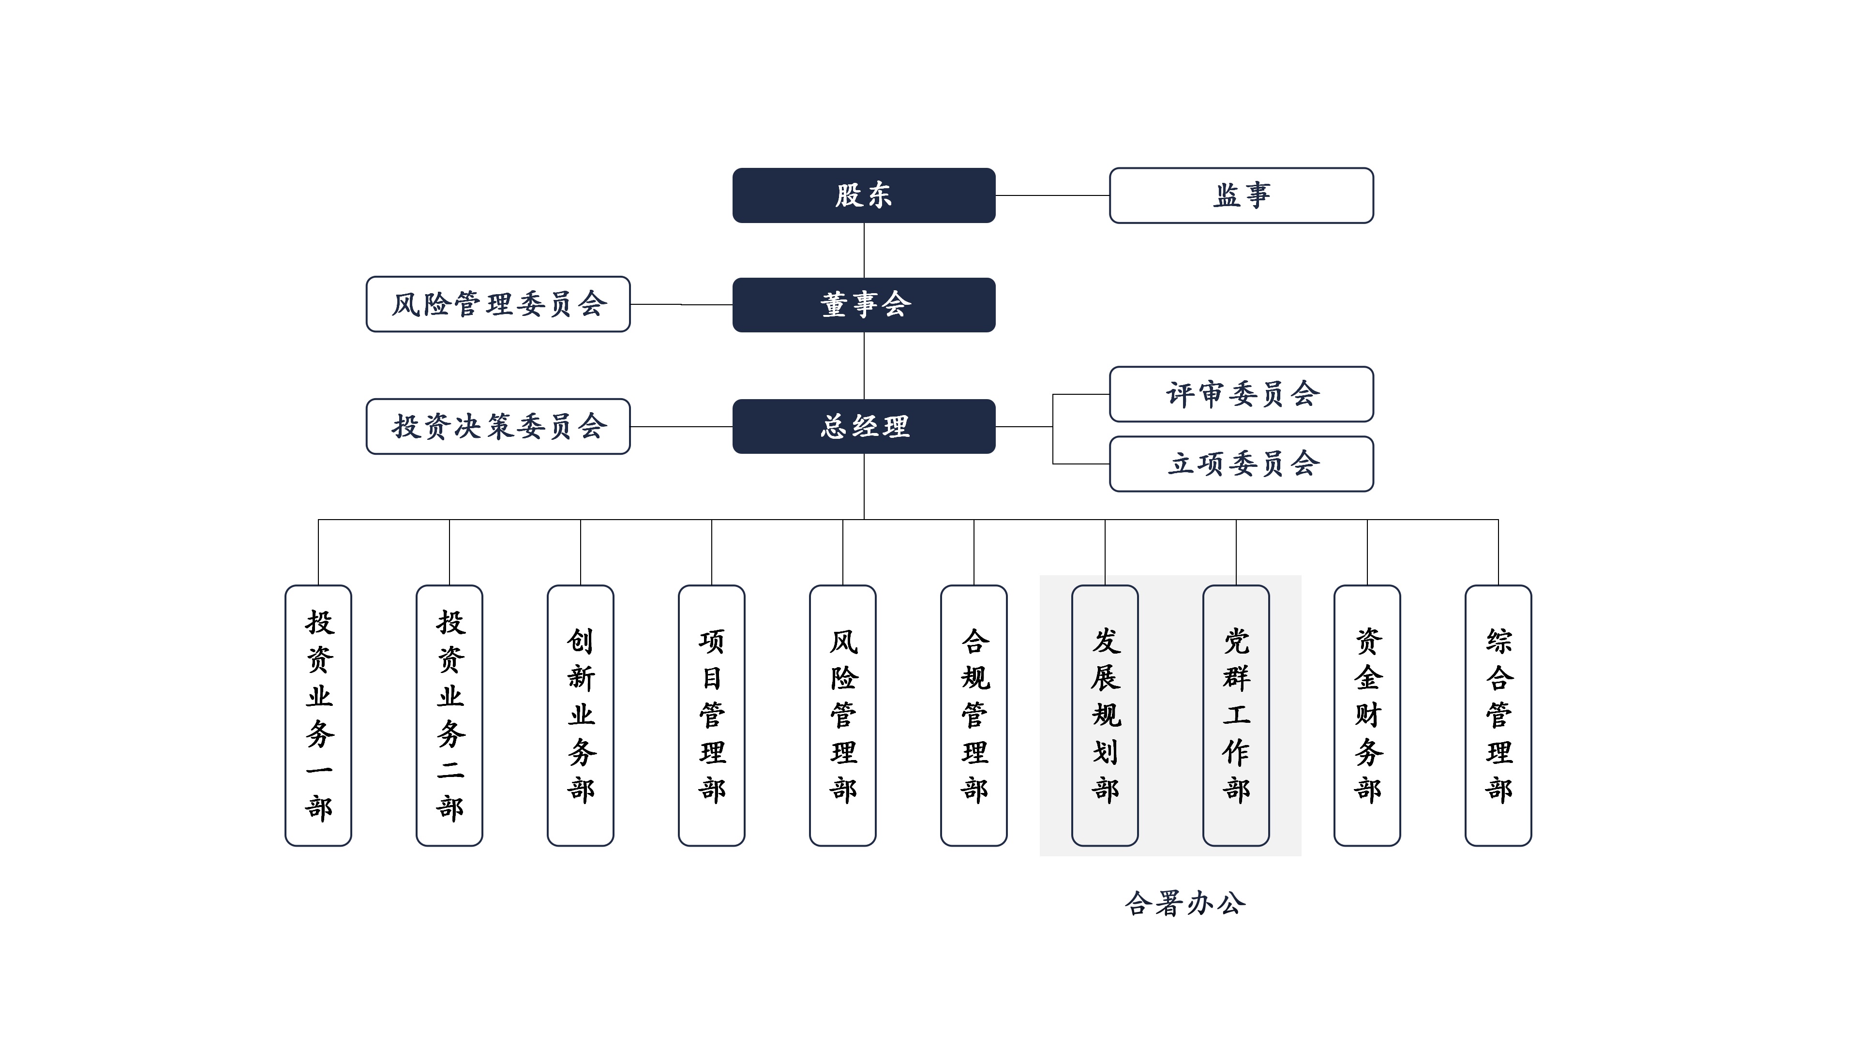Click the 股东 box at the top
tap(864, 195)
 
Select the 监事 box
tap(1241, 195)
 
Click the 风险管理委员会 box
tap(498, 304)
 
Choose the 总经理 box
tap(864, 426)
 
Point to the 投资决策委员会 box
tap(498, 426)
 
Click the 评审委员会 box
tap(1241, 394)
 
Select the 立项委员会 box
tap(1241, 464)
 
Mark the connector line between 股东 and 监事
tap(1053, 195)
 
